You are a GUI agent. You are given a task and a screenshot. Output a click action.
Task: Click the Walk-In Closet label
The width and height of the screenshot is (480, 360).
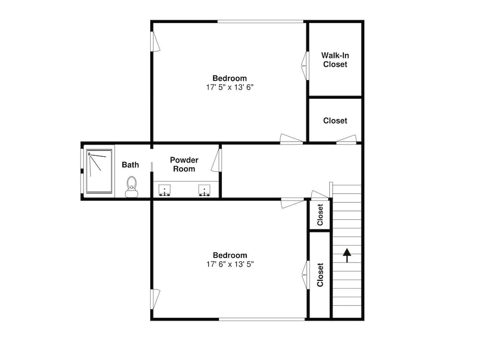335,60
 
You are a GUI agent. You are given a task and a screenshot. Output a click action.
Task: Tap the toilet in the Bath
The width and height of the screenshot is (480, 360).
132,187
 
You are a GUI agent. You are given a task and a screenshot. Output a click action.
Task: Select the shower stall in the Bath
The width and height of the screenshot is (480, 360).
99,171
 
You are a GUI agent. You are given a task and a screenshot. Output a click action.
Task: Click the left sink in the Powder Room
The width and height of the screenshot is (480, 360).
164,190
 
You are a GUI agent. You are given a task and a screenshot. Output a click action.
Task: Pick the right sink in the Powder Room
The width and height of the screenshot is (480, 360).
204,190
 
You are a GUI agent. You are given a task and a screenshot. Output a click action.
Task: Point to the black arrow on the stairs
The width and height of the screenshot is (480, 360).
347,256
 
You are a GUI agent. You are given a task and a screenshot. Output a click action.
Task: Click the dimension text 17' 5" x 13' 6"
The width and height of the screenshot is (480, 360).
229,87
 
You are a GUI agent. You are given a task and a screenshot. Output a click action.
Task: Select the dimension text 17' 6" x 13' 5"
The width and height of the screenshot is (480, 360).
230,264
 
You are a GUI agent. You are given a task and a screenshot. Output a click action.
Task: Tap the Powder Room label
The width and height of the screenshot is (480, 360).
184,164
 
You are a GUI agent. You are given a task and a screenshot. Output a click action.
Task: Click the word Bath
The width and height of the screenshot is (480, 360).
131,165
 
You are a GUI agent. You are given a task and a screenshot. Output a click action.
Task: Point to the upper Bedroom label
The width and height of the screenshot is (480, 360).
229,78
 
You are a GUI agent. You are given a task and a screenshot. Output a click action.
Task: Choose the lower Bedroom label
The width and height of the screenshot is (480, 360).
230,255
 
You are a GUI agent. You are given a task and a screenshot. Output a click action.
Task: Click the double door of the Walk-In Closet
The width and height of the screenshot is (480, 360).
305,65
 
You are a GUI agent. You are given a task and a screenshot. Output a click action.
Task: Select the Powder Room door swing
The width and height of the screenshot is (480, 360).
216,160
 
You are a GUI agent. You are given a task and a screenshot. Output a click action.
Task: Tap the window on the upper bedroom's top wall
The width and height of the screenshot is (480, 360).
261,22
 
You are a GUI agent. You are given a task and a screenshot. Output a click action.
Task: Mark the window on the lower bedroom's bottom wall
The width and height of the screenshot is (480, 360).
262,319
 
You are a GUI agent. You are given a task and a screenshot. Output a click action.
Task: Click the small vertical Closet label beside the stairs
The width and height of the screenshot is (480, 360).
320,215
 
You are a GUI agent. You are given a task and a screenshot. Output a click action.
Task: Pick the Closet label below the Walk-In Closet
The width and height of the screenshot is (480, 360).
335,120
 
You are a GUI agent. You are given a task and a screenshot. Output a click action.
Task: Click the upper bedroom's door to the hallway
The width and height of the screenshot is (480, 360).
291,139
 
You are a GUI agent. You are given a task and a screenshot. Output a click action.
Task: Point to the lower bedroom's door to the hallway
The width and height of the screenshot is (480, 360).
293,203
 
